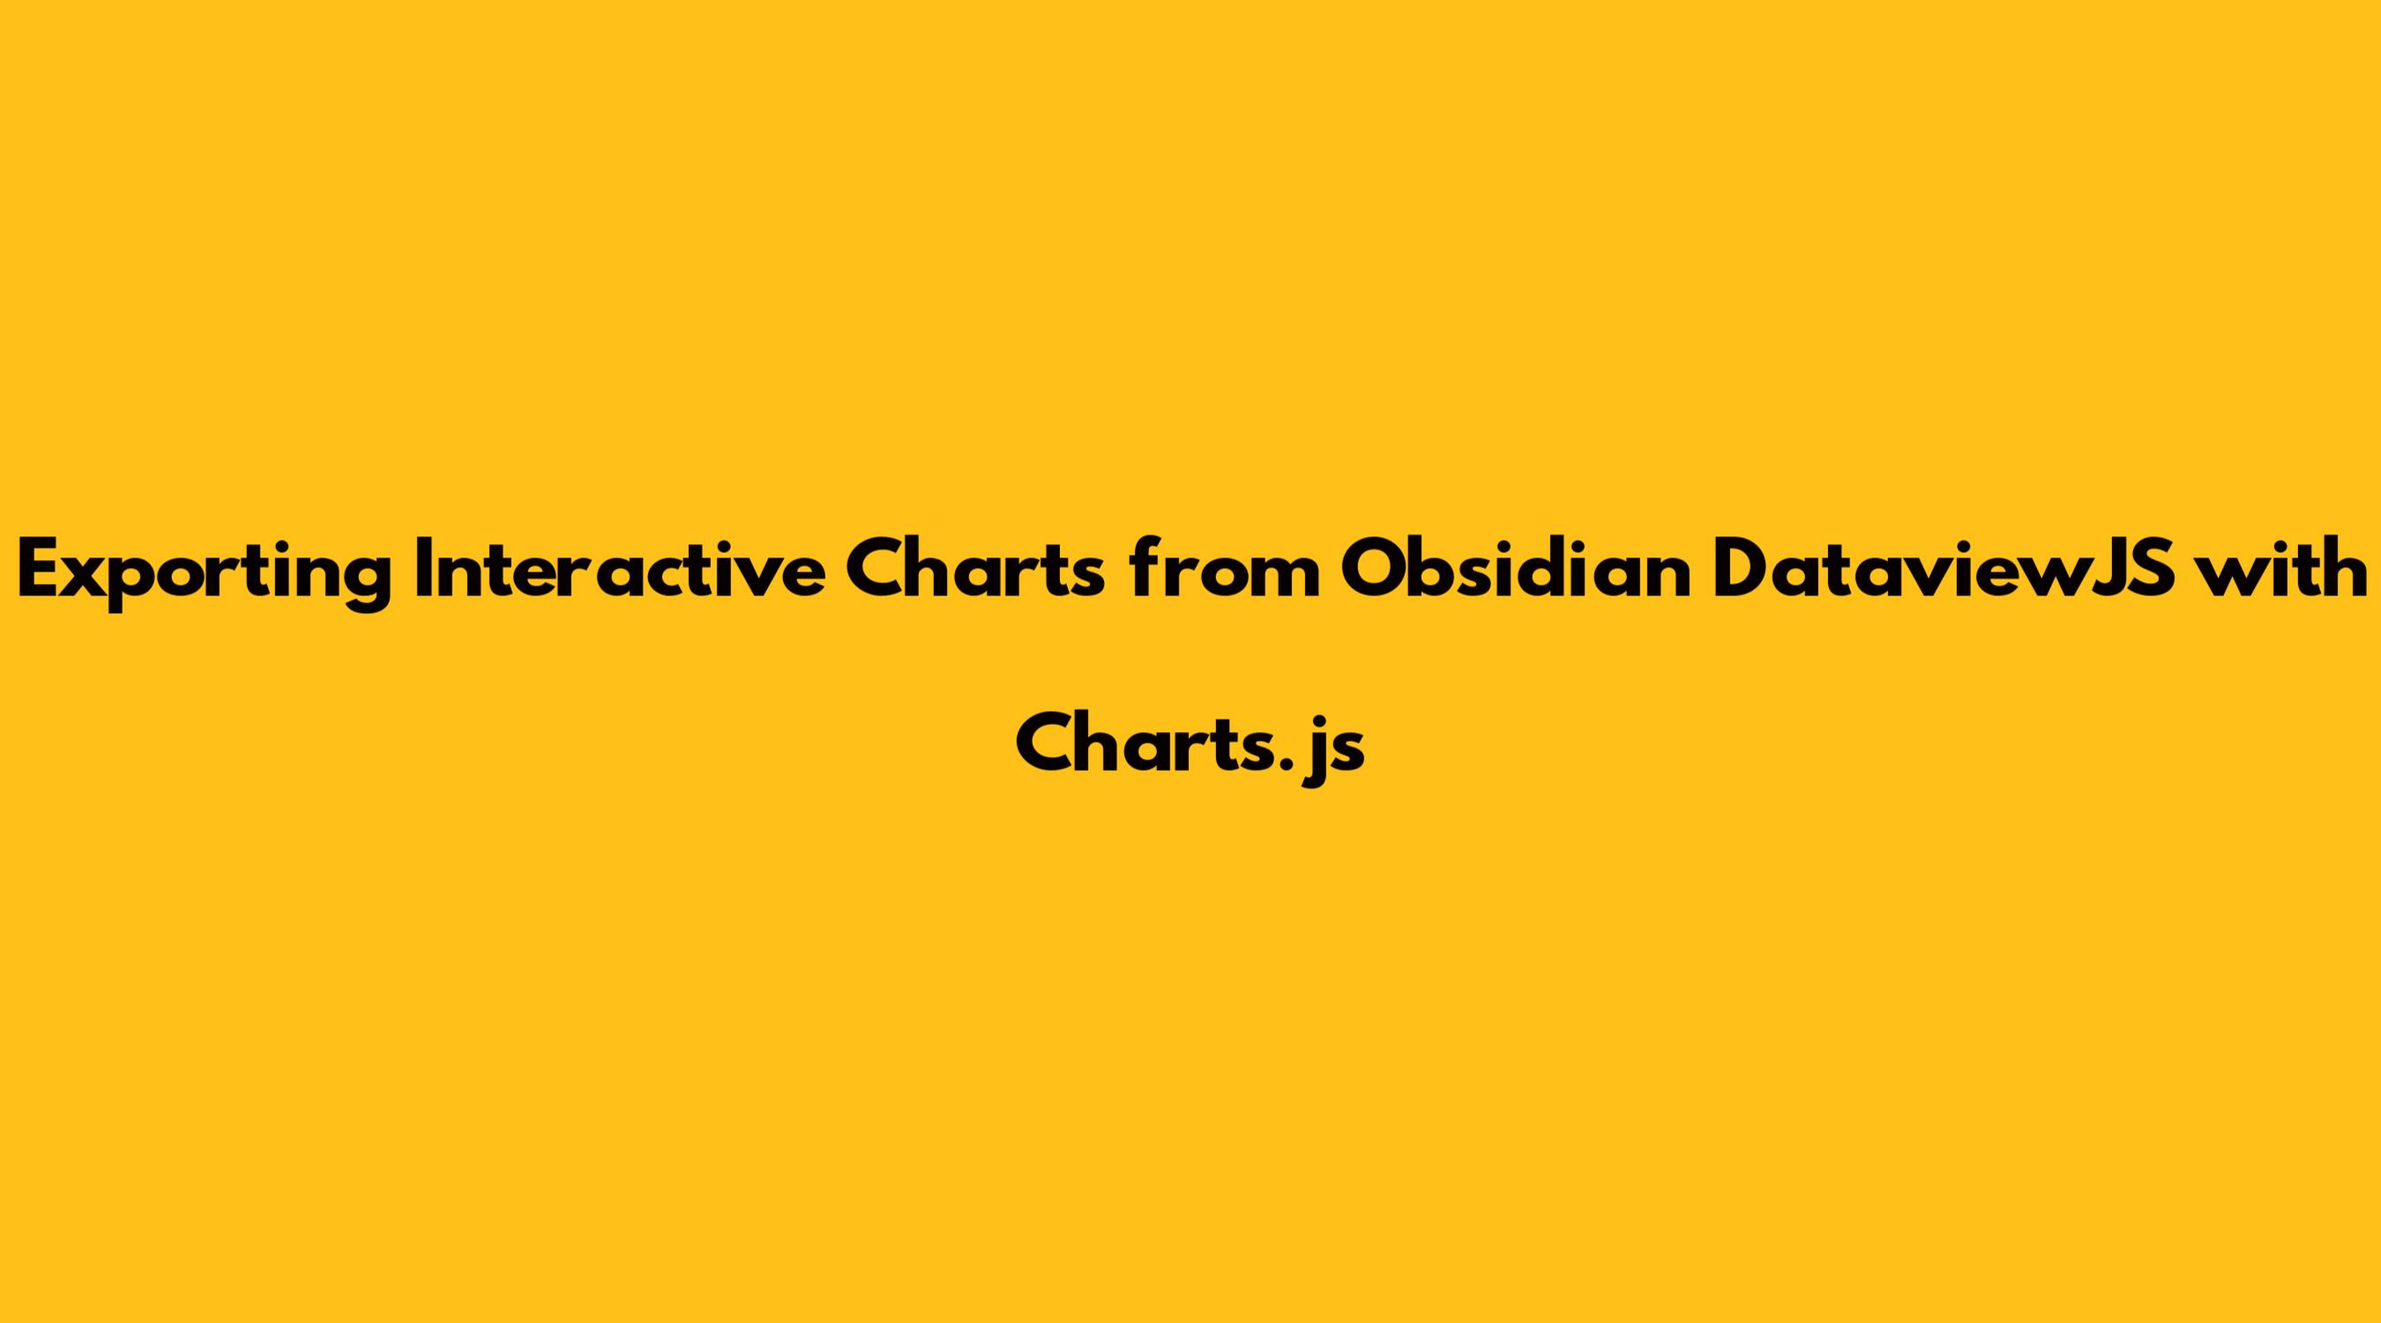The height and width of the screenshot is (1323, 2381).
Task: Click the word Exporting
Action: coord(204,573)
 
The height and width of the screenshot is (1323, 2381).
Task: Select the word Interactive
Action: coord(620,569)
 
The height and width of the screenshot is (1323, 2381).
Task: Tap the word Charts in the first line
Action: coord(975,569)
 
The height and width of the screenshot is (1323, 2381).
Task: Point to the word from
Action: coord(1224,569)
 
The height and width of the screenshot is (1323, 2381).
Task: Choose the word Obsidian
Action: coord(1516,569)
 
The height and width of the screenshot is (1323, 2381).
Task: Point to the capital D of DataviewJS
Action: coord(1743,570)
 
